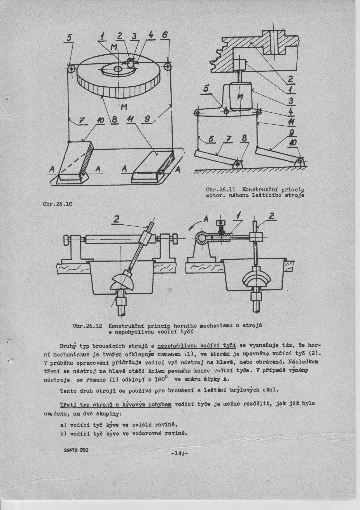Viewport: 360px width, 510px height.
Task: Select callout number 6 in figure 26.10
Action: (x=165, y=35)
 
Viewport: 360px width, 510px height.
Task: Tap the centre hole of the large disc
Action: (x=118, y=69)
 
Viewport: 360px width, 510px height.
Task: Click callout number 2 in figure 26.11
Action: (x=291, y=79)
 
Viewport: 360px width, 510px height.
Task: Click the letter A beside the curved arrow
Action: (x=206, y=219)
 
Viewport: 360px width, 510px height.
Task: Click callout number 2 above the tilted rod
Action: (x=116, y=219)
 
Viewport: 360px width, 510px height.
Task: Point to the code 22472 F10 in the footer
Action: (x=76, y=458)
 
